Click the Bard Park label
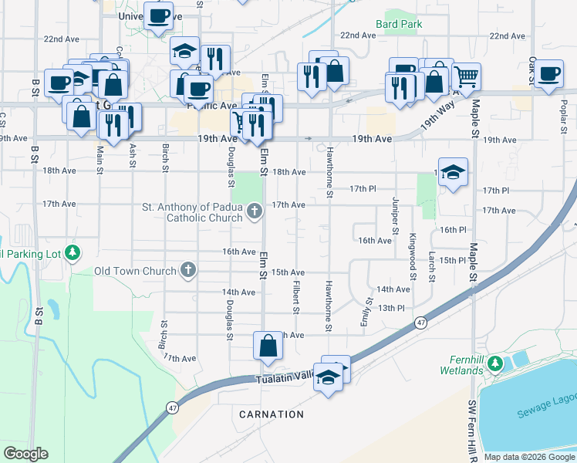coord(399,24)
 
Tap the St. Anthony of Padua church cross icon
coord(256,210)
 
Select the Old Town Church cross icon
coord(187,270)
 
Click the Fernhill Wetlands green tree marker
coord(495,363)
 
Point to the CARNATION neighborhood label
coord(272,414)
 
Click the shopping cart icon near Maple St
coord(466,77)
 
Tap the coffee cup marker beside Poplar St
coord(548,75)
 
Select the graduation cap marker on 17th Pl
coord(454,173)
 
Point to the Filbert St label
coord(295,296)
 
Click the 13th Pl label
coord(391,308)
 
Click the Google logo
coord(26,454)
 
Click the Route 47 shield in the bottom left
coord(172,407)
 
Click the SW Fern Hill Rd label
coord(473,427)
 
